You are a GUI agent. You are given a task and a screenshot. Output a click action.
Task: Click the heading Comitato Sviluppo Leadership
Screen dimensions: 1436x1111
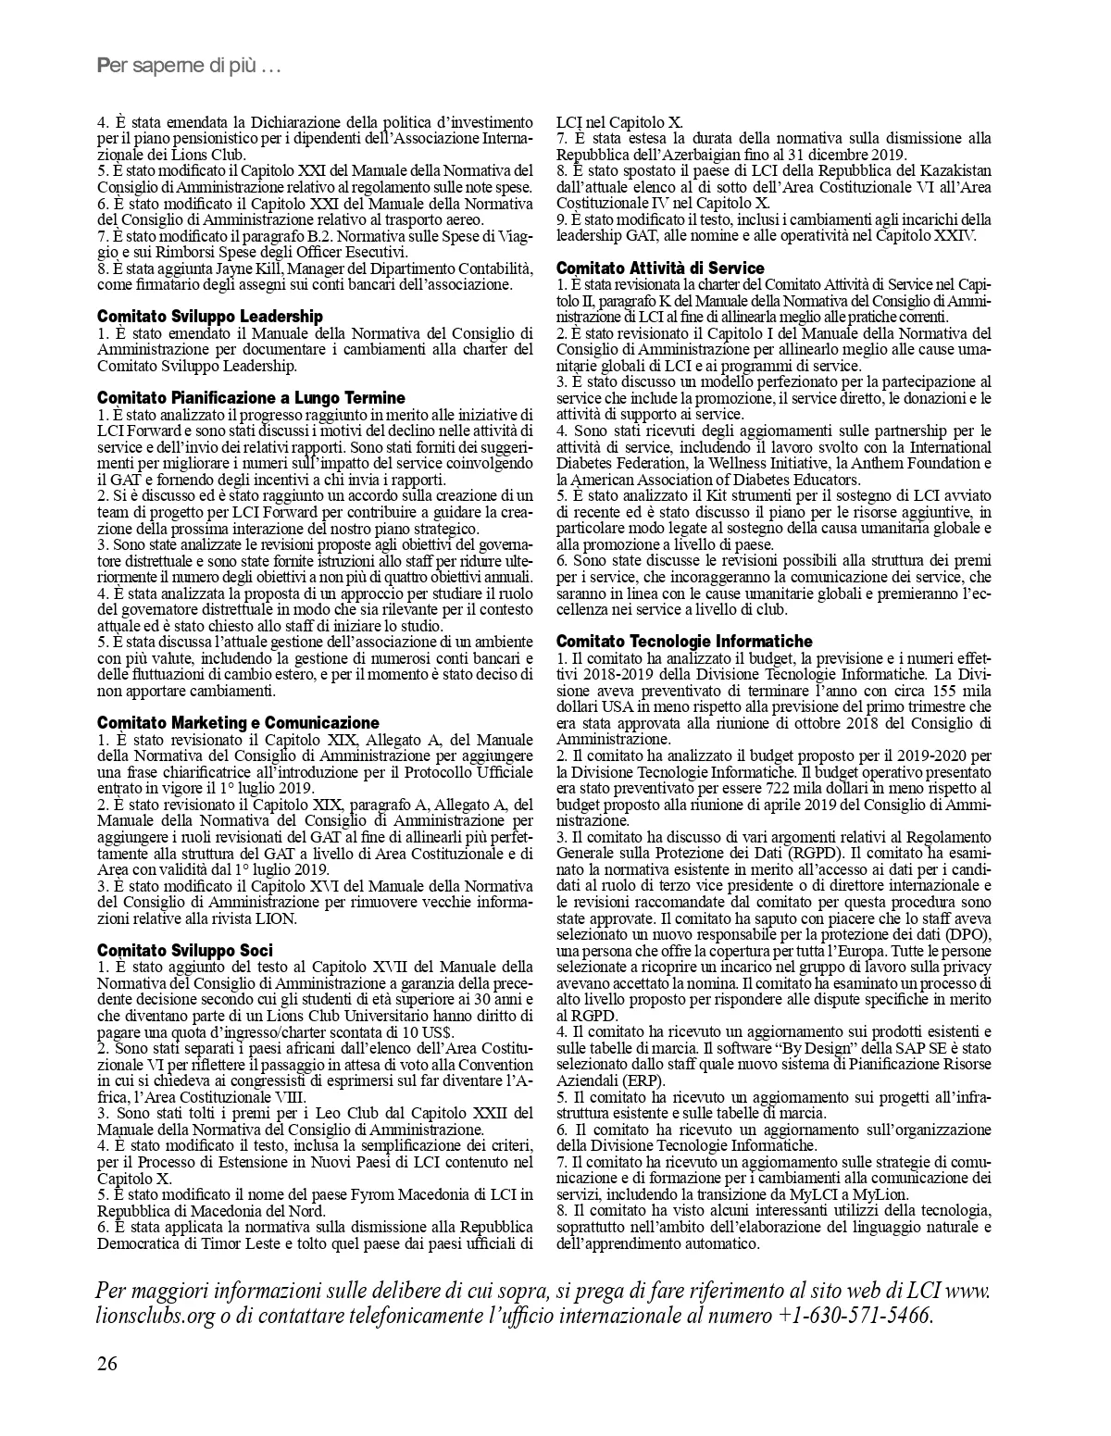click(210, 317)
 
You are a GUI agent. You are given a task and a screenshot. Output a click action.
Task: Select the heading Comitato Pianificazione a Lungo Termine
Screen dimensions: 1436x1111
click(251, 398)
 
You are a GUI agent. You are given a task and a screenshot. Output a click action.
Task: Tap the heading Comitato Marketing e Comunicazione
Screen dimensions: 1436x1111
click(238, 722)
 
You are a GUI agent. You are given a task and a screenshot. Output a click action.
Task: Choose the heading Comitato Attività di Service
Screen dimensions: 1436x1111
click(660, 268)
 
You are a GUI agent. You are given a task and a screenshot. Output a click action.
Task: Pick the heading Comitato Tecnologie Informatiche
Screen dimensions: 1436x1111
click(684, 641)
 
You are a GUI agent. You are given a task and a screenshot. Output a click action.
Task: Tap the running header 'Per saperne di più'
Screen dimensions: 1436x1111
click(189, 67)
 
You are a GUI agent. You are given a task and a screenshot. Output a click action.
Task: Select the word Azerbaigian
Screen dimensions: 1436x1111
click(714, 155)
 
